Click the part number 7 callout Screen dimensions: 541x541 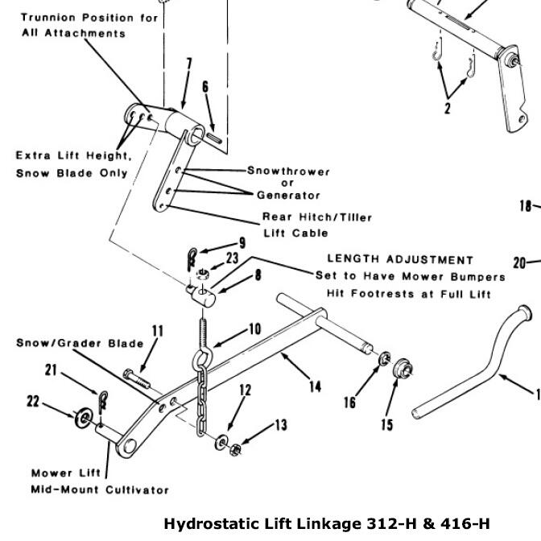click(x=188, y=65)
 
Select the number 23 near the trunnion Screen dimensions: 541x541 click(x=233, y=258)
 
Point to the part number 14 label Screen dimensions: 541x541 click(x=314, y=387)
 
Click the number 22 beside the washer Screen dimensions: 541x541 click(x=33, y=401)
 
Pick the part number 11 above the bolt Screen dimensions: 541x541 click(x=157, y=331)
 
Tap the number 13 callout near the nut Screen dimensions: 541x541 click(x=280, y=426)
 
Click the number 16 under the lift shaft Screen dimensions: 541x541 click(x=350, y=402)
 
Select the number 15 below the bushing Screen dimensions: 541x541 click(x=387, y=423)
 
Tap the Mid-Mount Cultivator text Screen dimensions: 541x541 click(x=100, y=489)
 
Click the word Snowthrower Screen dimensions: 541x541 click(x=288, y=171)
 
